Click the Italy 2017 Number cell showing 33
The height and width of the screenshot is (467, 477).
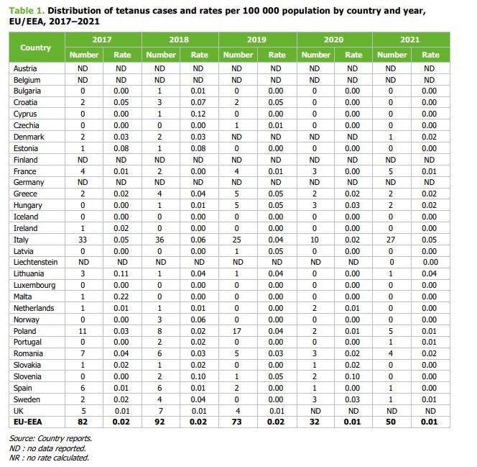pos(83,240)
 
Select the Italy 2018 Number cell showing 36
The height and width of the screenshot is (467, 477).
pos(160,240)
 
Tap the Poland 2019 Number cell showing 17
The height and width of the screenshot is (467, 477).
pos(237,331)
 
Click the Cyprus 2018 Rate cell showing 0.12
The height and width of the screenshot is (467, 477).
pos(199,114)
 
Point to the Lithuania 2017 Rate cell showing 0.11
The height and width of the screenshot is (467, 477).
pos(122,273)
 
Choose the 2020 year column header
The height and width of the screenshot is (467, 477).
pos(333,40)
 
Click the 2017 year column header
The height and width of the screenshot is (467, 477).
pos(103,40)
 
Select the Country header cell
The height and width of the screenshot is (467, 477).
pos(36,47)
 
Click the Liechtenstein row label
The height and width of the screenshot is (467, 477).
pos(36,263)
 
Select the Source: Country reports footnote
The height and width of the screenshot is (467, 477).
pos(50,438)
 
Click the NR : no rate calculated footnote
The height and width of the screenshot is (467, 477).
pos(49,457)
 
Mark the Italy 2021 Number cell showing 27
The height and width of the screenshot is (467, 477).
pos(392,240)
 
